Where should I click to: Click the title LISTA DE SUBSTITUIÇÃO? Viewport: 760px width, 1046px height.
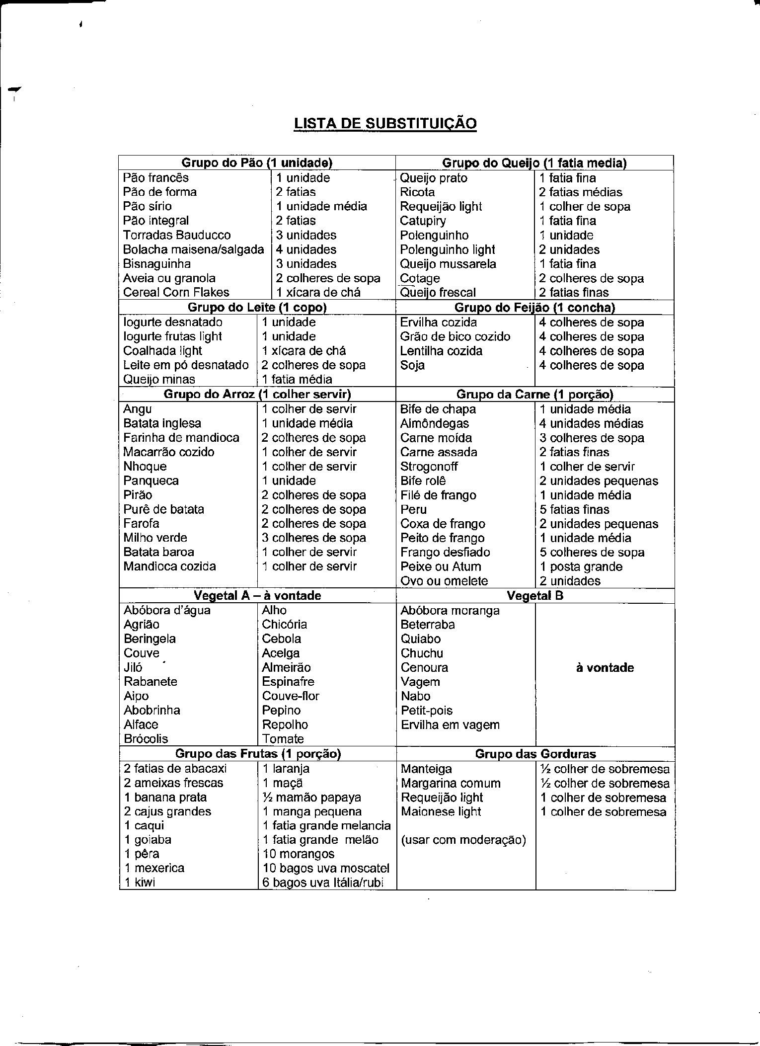(385, 123)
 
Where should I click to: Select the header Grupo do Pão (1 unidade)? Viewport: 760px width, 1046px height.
(256, 162)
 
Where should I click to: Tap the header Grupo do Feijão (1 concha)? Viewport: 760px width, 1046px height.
(534, 308)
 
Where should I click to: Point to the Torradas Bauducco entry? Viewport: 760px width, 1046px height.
(177, 235)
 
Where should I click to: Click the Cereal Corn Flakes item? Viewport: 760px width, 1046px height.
(176, 292)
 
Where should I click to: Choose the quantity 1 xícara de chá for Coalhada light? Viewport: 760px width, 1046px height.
(304, 351)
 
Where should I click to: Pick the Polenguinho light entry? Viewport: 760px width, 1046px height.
(448, 249)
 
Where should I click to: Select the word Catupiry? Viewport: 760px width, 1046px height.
(423, 221)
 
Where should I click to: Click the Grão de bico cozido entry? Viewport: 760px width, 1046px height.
(455, 336)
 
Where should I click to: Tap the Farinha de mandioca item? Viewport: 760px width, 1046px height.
(181, 438)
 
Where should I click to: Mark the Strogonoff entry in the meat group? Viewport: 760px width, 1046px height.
(429, 467)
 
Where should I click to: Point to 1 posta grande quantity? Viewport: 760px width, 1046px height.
(581, 567)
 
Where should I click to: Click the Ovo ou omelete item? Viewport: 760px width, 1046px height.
(444, 581)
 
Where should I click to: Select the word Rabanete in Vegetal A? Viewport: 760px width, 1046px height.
(151, 681)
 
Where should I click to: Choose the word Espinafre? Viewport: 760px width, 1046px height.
(288, 681)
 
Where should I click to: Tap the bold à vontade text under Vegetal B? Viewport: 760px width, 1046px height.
(605, 667)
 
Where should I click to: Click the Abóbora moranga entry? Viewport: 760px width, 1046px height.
(450, 610)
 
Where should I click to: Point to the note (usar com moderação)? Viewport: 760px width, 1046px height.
(463, 840)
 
